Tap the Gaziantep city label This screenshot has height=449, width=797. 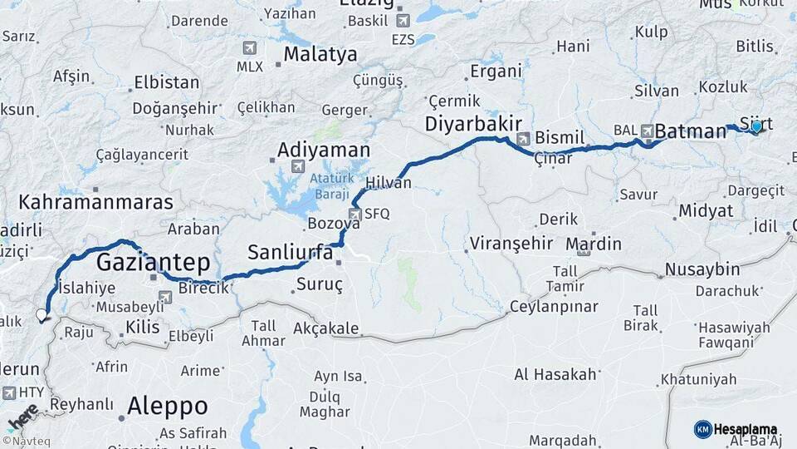click(154, 263)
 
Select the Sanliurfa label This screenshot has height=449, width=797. click(291, 251)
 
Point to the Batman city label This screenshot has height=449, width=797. click(690, 131)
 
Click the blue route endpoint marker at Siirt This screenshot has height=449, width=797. click(756, 126)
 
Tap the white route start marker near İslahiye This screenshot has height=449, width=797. click(42, 315)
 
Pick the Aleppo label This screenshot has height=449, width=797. click(167, 407)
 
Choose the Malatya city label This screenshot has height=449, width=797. click(320, 55)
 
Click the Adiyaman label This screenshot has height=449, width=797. click(323, 150)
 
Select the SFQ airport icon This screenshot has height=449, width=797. click(354, 215)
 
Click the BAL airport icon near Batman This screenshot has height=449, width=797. click(645, 131)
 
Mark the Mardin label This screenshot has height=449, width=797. click(593, 244)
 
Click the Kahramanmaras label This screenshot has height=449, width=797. click(95, 202)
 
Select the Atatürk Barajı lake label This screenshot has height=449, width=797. click(332, 187)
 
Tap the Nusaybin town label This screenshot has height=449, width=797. click(702, 269)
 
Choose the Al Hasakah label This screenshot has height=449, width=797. click(555, 374)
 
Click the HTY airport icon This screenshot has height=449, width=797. click(9, 392)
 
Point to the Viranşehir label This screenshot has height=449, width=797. click(511, 244)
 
